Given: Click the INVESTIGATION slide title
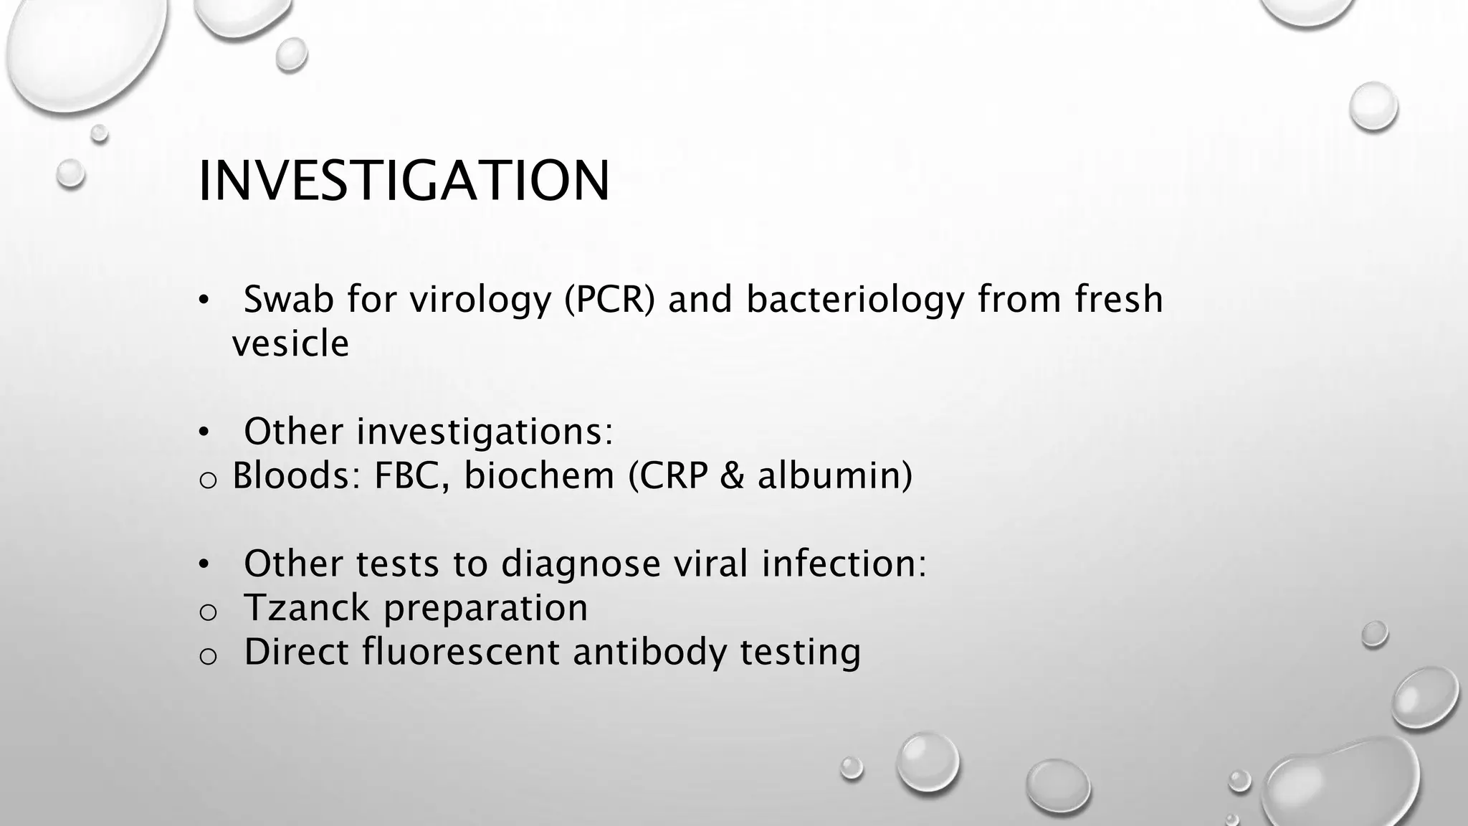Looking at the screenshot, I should click(x=404, y=181).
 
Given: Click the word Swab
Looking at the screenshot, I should click(x=289, y=299).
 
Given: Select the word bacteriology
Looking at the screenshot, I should click(x=855, y=300).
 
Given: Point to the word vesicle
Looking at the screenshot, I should click(x=290, y=343).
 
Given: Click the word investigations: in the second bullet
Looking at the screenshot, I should click(x=485, y=432).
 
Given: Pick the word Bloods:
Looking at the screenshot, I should click(x=297, y=475).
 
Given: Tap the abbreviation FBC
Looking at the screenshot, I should click(x=411, y=475).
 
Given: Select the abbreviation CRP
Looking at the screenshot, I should click(x=669, y=475).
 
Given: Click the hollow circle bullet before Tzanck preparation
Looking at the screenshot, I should click(x=207, y=612).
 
